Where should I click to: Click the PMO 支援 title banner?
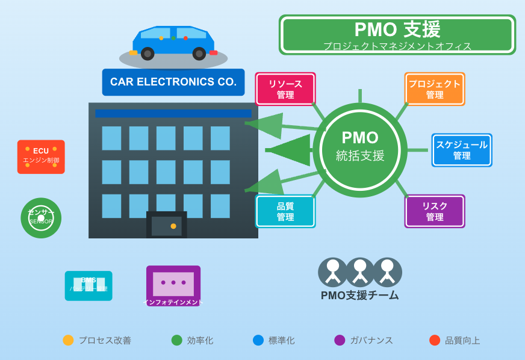397,35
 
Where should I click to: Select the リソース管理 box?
285,89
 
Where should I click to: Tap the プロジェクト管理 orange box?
435,89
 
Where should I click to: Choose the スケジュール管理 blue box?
462,150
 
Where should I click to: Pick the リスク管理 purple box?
435,211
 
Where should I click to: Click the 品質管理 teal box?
285,211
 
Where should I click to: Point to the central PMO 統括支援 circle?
360,150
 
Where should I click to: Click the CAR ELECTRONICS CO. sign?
173,82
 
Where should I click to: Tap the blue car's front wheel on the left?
148,54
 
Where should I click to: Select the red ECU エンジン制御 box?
41,157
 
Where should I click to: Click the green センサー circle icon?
41,218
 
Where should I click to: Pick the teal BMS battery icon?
89,285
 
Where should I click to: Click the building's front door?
167,225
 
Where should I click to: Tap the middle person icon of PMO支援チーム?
360,272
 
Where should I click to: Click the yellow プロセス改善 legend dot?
68,340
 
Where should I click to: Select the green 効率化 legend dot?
176,340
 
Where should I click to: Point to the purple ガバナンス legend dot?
340,340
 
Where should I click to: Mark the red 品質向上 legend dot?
435,340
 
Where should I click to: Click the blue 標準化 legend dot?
258,340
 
